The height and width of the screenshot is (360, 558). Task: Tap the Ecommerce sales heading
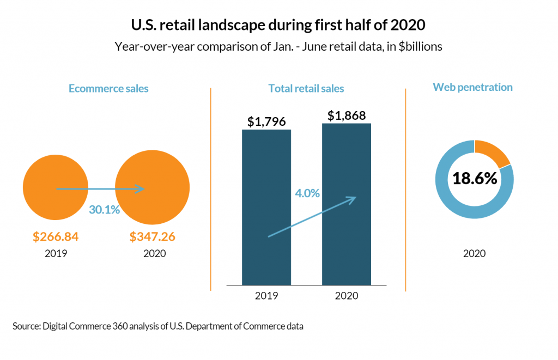pyautogui.click(x=108, y=88)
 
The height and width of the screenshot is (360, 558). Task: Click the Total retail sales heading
pyautogui.click(x=306, y=88)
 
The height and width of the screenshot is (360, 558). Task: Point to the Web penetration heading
pyautogui.click(x=472, y=87)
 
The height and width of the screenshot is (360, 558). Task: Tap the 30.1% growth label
pyautogui.click(x=104, y=210)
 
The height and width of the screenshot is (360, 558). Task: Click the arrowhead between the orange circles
pyautogui.click(x=141, y=188)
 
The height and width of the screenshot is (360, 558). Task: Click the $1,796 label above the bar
pyautogui.click(x=266, y=121)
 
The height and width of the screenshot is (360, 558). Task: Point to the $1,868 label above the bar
pyautogui.click(x=347, y=115)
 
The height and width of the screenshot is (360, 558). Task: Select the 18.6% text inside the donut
pyautogui.click(x=475, y=179)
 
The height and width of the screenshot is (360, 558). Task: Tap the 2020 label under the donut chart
pyautogui.click(x=475, y=254)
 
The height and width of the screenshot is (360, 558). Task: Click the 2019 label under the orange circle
pyautogui.click(x=56, y=254)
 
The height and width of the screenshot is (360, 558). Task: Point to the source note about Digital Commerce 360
pyautogui.click(x=158, y=326)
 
